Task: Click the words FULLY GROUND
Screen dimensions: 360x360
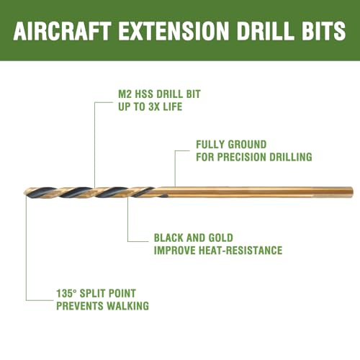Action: [231, 144]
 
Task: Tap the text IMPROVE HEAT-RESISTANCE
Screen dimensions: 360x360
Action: [217, 250]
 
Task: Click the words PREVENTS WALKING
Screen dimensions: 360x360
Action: [102, 305]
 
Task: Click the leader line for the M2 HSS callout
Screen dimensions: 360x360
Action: [95, 144]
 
